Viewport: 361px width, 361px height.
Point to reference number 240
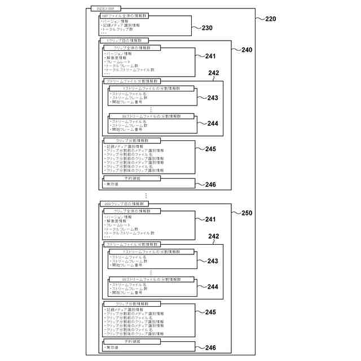pyautogui.click(x=246, y=50)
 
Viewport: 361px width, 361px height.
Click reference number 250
pyautogui.click(x=246, y=214)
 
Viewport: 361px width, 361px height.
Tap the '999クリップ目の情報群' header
pyautogui.click(x=125, y=204)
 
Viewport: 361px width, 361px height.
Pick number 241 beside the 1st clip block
pyautogui.click(x=210, y=56)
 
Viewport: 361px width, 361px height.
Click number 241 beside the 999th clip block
pyautogui.click(x=210, y=219)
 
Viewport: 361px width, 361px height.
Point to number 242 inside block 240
pyautogui.click(x=214, y=73)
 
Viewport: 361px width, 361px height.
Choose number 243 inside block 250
pyautogui.click(x=212, y=261)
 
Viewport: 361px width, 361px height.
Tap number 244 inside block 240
pyautogui.click(x=212, y=124)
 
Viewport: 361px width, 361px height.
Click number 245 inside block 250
pyautogui.click(x=210, y=312)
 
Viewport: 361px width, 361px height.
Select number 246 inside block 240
pyautogui.click(x=210, y=184)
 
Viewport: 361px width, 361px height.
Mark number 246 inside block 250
pyautogui.click(x=210, y=347)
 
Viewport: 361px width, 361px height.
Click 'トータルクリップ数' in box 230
pyautogui.click(x=120, y=29)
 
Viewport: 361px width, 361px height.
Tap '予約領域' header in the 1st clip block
pyautogui.click(x=131, y=179)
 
